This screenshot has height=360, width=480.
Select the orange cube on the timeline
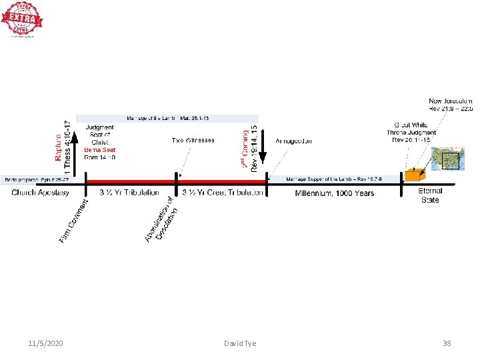[413, 175]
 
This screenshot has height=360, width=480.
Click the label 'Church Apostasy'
[40, 193]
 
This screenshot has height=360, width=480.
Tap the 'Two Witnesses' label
[193, 141]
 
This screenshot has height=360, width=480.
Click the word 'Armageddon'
[293, 141]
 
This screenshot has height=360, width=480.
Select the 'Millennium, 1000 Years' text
[335, 193]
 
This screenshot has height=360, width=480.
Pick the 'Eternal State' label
[430, 195]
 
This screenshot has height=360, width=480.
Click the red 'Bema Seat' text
[100, 150]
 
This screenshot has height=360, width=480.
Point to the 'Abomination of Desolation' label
[162, 220]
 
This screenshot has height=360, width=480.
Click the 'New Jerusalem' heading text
[451, 101]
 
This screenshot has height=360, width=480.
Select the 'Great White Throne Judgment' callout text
[411, 132]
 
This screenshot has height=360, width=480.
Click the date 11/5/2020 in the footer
[46, 343]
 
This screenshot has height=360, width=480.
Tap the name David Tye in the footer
[240, 343]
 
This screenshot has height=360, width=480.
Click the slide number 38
[447, 343]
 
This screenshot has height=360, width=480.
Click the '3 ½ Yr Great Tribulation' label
[223, 193]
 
